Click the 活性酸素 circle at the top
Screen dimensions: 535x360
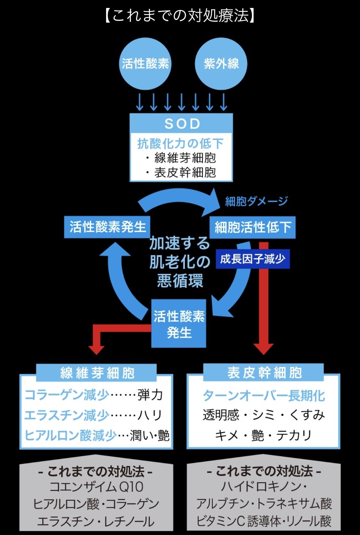[145, 63]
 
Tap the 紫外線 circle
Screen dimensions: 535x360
[221, 63]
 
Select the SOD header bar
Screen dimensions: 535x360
[181, 123]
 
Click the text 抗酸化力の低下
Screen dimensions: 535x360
[180, 143]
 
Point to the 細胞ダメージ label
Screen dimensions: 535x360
[256, 201]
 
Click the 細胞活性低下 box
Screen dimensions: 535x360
[252, 227]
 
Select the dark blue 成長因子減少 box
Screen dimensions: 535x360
[252, 259]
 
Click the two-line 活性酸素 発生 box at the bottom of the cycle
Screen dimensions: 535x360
[179, 324]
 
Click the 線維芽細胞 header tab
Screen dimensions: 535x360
[97, 373]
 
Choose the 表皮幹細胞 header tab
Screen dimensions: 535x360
[264, 372]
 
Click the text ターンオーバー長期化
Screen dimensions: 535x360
[264, 396]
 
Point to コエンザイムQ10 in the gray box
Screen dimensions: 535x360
[96, 487]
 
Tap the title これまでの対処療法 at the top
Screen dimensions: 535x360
[180, 15]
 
